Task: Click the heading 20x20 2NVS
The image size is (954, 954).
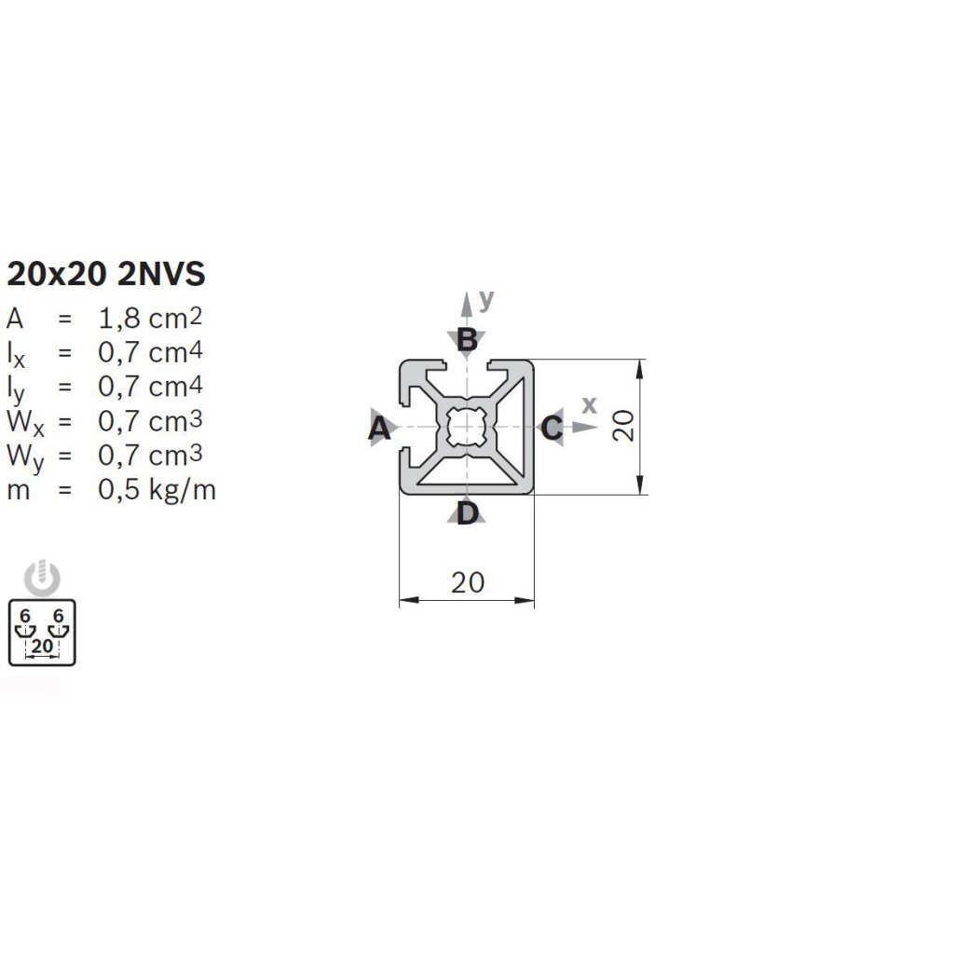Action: [x=105, y=275]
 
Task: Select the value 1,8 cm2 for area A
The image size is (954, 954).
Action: [x=150, y=318]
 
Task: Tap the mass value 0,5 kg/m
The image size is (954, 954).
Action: [x=157, y=489]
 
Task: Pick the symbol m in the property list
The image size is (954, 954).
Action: [x=19, y=490]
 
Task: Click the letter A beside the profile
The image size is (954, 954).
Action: [x=378, y=429]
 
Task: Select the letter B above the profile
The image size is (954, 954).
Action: [x=468, y=340]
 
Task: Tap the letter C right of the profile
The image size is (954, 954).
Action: [x=552, y=429]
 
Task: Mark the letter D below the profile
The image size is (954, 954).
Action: [x=468, y=512]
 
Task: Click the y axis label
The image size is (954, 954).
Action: [x=486, y=299]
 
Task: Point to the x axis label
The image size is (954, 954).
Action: [x=589, y=404]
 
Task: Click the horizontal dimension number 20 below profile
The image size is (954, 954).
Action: [x=468, y=582]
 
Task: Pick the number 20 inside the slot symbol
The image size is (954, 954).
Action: [x=42, y=646]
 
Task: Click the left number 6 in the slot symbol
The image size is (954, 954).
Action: [x=25, y=616]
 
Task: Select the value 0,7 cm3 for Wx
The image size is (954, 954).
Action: [x=150, y=421]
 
